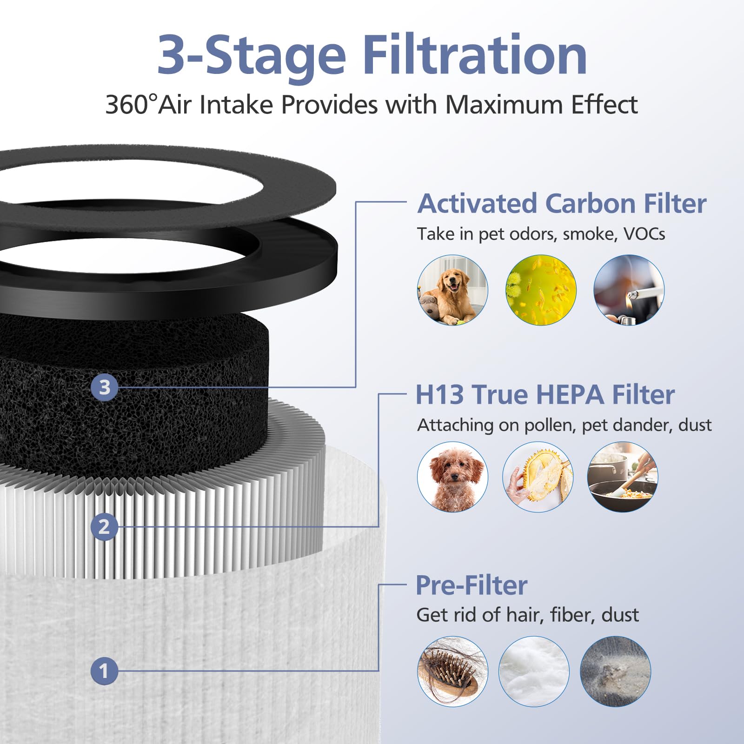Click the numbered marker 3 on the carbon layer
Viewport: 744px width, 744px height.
click(104, 387)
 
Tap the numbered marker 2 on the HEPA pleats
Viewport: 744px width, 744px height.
click(104, 527)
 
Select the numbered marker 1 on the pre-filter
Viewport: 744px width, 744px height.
click(104, 671)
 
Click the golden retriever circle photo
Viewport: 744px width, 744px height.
click(452, 290)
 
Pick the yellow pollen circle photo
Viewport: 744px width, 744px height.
click(541, 290)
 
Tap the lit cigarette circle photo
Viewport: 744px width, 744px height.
click(629, 290)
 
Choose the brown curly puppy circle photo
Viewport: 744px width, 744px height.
click(452, 477)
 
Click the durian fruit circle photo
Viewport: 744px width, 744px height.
click(538, 477)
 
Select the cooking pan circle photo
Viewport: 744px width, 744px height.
click(623, 477)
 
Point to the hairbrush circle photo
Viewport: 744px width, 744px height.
click(452, 671)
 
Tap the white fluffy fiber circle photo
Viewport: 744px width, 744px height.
click(534, 671)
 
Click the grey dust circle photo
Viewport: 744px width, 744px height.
click(615, 671)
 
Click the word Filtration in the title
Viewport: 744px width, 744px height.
click(474, 56)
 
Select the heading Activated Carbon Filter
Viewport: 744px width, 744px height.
click(562, 204)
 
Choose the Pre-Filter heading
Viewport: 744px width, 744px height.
click(472, 585)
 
